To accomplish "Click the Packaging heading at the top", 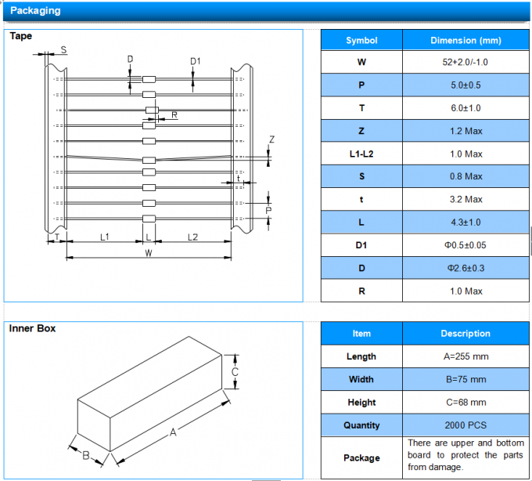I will pyautogui.click(x=34, y=11).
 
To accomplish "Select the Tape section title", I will pyautogui.click(x=20, y=35).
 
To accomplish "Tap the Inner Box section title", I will pyautogui.click(x=32, y=328).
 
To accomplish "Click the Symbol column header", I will pyautogui.click(x=361, y=41).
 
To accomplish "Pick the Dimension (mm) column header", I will pyautogui.click(x=465, y=41).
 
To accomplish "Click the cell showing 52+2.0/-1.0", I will pyautogui.click(x=465, y=62).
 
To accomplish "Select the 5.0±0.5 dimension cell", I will pyautogui.click(x=465, y=85).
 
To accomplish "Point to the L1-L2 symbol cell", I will pyautogui.click(x=361, y=154).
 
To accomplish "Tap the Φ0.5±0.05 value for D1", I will pyautogui.click(x=465, y=245).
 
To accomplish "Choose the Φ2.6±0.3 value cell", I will pyautogui.click(x=465, y=268).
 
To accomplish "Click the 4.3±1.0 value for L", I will pyautogui.click(x=465, y=222).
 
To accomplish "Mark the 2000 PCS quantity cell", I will pyautogui.click(x=465, y=425).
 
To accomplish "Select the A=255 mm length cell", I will pyautogui.click(x=465, y=356).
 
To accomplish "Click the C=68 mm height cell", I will pyautogui.click(x=465, y=403).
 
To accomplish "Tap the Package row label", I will pyautogui.click(x=361, y=457).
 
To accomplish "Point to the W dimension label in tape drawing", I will pyautogui.click(x=148, y=253).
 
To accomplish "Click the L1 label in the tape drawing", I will pyautogui.click(x=104, y=236).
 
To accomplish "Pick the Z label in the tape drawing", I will pyautogui.click(x=271, y=139).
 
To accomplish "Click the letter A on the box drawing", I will pyautogui.click(x=174, y=432).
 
